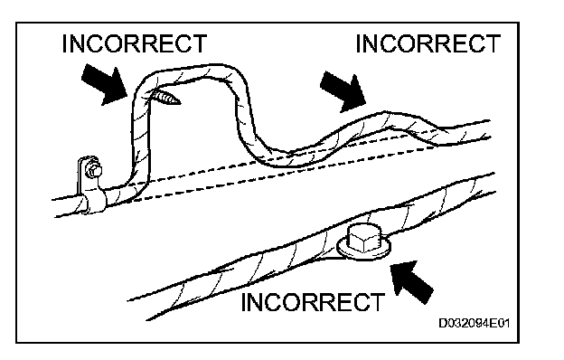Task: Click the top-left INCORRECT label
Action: [x=135, y=43]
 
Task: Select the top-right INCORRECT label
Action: [x=428, y=43]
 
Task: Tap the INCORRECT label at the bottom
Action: [x=313, y=302]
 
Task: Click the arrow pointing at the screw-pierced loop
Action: [x=105, y=86]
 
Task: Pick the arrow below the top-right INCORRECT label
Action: [x=343, y=91]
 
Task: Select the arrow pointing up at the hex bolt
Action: [x=411, y=281]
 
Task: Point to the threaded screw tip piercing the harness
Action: [x=166, y=98]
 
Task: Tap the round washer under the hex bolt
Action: [x=364, y=249]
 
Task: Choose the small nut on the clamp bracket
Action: [x=94, y=171]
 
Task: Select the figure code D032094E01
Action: [x=475, y=323]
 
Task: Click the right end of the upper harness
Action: [x=490, y=128]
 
